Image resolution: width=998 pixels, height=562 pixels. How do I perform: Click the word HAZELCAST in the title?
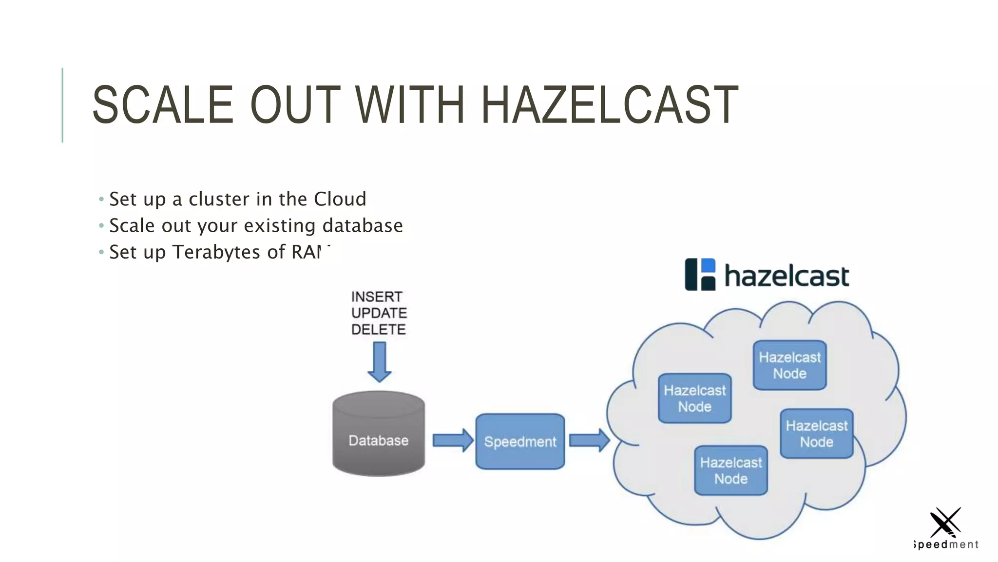(609, 104)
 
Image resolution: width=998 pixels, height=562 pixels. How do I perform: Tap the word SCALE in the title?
(163, 104)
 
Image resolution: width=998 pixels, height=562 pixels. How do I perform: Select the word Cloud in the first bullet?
(340, 199)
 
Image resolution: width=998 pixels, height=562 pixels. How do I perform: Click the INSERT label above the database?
(377, 297)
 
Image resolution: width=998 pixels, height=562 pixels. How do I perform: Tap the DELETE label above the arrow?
(378, 329)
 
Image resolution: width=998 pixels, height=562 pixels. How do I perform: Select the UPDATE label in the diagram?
(379, 313)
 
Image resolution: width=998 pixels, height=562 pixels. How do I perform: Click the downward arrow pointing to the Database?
(379, 361)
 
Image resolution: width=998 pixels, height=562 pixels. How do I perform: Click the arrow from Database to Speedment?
(452, 441)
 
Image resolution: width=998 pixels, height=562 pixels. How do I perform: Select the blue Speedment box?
(520, 442)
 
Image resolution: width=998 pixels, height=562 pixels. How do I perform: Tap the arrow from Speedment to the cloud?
(589, 441)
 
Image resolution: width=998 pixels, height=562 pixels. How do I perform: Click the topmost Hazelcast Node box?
(789, 365)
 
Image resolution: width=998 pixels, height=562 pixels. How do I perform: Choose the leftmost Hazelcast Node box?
(694, 398)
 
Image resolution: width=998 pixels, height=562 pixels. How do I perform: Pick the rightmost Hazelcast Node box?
(816, 434)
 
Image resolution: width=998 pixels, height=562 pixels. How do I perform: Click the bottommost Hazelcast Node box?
(730, 470)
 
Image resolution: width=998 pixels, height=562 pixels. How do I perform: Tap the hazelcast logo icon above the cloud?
(700, 275)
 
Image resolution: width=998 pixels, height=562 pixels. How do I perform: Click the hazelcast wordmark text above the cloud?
(787, 276)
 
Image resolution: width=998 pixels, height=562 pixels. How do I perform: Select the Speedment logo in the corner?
(945, 529)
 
